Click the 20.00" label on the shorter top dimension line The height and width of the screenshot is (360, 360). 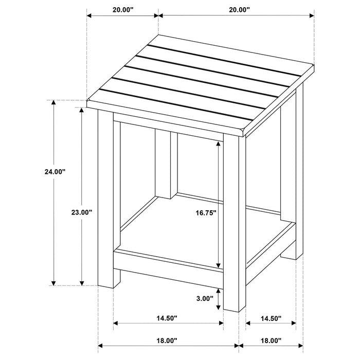click(122, 9)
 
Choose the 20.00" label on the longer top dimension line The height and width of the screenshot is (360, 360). click(237, 9)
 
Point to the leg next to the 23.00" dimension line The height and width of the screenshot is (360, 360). click(105, 201)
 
